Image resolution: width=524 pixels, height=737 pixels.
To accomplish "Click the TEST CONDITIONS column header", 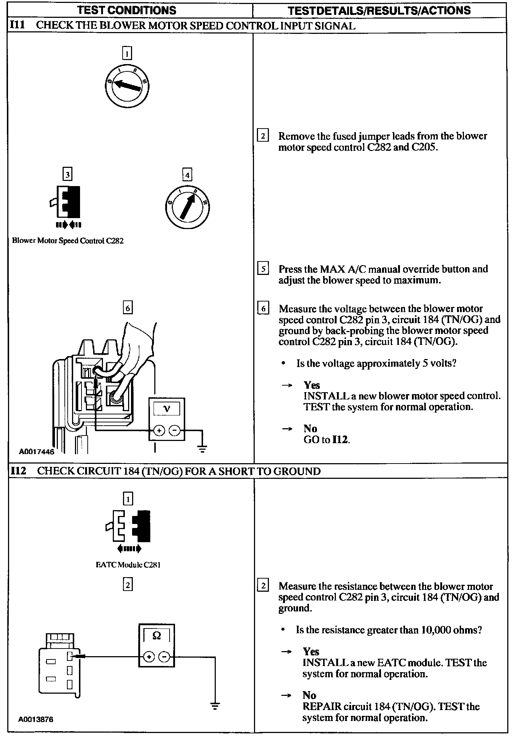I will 127,10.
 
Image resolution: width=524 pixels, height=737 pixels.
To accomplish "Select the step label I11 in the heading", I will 17,25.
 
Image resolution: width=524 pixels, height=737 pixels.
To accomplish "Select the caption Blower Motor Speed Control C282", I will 68,241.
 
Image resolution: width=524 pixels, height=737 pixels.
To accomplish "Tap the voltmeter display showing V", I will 167,409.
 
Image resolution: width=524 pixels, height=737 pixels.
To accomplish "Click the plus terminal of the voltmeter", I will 159,430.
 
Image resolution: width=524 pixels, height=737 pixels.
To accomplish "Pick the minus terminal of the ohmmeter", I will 165,657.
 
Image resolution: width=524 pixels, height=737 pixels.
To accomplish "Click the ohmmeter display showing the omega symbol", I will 156,636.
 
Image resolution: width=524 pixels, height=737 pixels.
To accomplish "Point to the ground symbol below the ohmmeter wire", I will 215,706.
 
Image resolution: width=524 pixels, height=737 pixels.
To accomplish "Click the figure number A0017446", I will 36,452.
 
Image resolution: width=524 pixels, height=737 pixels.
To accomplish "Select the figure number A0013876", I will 36,719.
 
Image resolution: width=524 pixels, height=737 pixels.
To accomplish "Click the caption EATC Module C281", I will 128,565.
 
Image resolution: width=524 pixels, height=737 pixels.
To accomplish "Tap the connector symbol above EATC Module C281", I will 128,526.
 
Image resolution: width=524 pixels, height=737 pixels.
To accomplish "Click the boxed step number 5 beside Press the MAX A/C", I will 263,269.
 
